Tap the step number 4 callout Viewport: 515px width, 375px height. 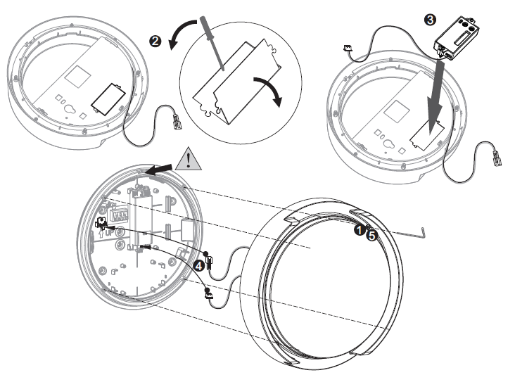tap(200, 266)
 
